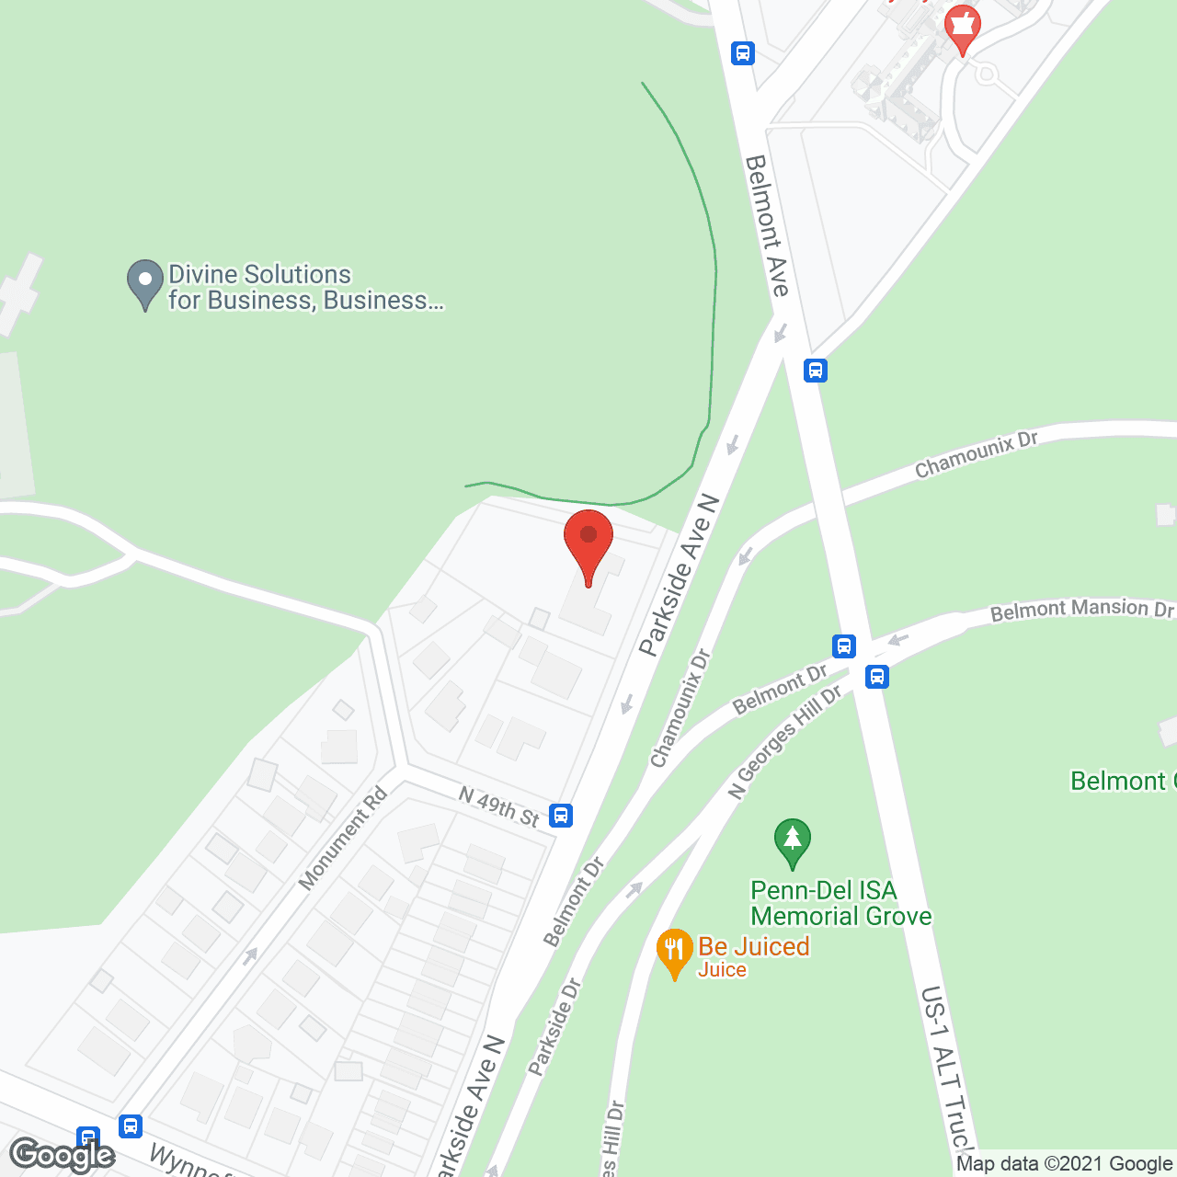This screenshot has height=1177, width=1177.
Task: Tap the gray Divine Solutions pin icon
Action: (x=144, y=283)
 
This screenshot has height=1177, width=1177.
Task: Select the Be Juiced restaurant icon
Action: (x=674, y=953)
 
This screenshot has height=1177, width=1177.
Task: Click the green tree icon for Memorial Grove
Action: (x=792, y=842)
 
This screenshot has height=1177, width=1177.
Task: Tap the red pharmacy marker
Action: (x=962, y=27)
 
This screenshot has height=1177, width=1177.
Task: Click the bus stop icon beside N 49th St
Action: (x=561, y=815)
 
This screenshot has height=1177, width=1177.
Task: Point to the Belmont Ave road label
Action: (x=767, y=225)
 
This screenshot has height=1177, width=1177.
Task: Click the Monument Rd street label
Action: (x=342, y=839)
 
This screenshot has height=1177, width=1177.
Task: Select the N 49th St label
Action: (x=498, y=806)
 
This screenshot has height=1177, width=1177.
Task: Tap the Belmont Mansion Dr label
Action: (x=1081, y=610)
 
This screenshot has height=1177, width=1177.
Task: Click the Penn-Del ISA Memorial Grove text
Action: (x=840, y=903)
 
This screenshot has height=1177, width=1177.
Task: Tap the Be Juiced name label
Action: (x=753, y=947)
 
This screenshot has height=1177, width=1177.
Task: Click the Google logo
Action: (x=63, y=1155)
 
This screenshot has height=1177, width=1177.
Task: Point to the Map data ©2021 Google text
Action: (x=1064, y=1164)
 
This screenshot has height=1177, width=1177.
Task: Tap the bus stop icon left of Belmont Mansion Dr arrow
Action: (x=844, y=646)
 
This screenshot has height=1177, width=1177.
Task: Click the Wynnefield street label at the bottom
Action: (x=189, y=1162)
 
